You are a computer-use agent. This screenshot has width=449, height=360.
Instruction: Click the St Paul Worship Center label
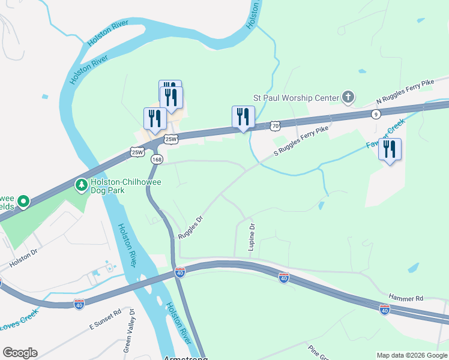tap(296, 97)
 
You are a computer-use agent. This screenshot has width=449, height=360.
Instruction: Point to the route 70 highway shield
tap(275, 126)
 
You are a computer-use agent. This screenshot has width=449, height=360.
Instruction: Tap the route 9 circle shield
tap(376, 114)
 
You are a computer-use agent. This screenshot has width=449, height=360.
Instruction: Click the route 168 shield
tap(157, 159)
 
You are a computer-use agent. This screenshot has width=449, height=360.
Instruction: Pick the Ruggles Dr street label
tap(191, 227)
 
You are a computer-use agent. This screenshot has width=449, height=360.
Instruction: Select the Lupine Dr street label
tap(252, 236)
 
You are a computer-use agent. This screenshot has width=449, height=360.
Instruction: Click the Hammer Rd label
tap(406, 298)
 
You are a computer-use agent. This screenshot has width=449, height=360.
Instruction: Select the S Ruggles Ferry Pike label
tap(301, 142)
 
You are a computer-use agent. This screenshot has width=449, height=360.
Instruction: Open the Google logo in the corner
tap(20, 353)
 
